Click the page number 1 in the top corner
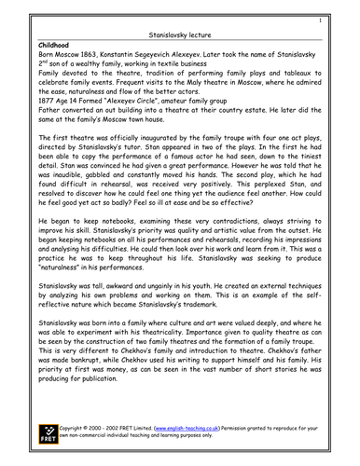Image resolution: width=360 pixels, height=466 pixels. click(x=320, y=19)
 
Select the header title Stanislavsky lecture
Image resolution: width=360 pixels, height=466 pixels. click(x=178, y=32)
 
